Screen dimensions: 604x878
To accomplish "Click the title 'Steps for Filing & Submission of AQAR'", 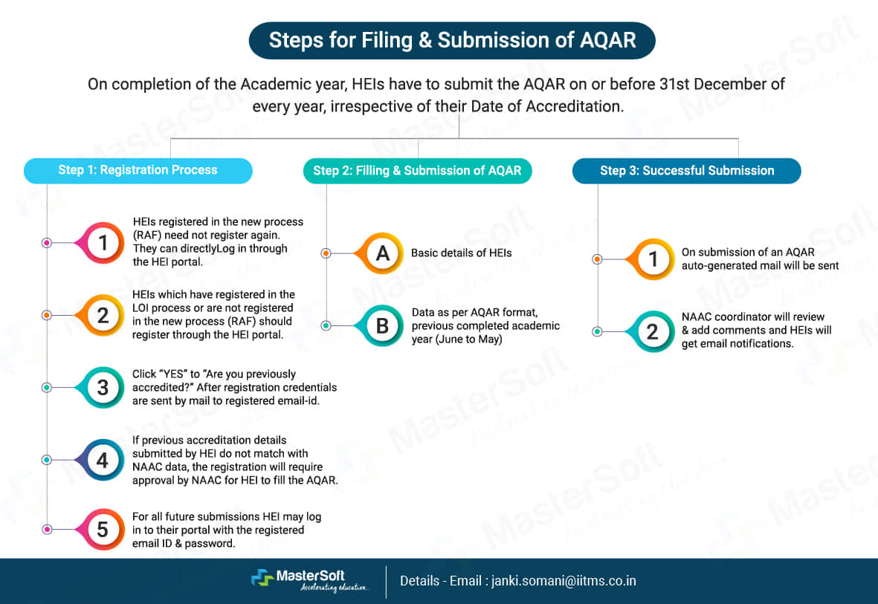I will point(452,40).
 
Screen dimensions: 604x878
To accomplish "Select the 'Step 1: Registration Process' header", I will point(138,170).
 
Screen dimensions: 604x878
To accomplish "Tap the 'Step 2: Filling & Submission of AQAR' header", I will point(417,170).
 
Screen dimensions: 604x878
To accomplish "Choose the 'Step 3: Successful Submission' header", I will point(686,170).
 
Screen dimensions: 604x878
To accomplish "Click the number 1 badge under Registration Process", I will point(103,242).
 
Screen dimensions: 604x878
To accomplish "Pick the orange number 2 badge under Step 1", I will point(103,315).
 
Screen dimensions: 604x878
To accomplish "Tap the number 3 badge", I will point(103,387).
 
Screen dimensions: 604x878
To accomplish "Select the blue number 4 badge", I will point(103,460).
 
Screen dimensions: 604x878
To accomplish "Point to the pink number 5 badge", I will point(103,529).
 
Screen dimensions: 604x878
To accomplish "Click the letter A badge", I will point(382,253).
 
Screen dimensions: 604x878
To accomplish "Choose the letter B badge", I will point(382,325).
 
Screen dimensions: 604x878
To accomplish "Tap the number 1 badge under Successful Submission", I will point(653,259).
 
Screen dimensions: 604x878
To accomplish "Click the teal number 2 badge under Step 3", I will point(653,331).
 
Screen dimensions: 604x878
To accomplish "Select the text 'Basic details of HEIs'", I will point(461,253).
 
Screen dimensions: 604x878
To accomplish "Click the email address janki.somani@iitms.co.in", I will point(564,581).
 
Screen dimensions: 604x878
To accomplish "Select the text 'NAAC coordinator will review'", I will point(752,317).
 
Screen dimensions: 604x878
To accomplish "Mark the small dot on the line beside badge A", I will point(325,253).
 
